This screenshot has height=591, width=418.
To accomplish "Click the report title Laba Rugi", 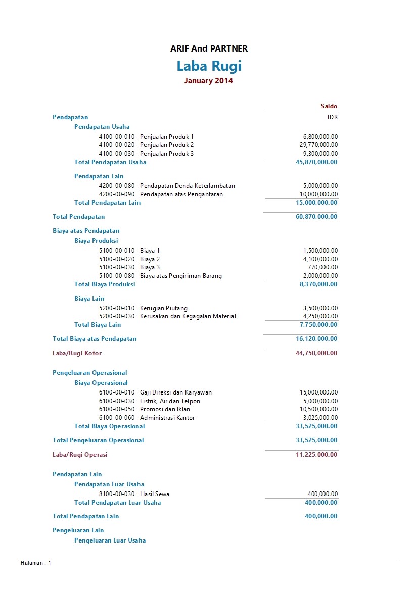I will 209,66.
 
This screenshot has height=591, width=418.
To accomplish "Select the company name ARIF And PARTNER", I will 209,48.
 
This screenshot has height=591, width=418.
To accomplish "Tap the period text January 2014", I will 209,81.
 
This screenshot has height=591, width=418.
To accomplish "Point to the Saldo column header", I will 329,106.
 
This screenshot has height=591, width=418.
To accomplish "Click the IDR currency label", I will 332,117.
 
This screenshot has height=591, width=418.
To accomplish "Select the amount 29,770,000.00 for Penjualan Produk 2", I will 318,145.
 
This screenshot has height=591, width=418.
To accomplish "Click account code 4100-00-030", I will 117,154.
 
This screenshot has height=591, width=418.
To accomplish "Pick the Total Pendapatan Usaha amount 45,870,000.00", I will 316,162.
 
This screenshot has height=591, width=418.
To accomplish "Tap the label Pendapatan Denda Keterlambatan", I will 187,186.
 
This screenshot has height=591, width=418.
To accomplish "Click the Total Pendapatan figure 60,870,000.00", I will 316,217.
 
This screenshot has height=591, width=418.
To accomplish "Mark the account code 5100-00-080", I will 117,276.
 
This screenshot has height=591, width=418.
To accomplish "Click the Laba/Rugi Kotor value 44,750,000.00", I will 316,353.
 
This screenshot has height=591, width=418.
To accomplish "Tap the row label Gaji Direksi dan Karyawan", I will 176,392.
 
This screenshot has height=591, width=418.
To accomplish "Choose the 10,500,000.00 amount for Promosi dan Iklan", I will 318,409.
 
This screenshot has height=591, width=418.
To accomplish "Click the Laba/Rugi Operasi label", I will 80,455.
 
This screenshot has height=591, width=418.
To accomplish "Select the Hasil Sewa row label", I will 155,494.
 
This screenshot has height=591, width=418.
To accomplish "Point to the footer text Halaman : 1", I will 36,563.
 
